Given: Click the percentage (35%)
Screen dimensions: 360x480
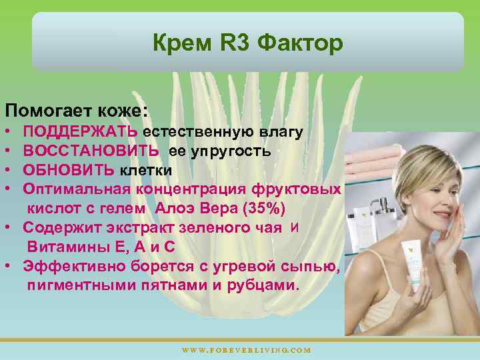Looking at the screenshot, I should (265, 209).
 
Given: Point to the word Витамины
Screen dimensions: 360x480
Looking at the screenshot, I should (61, 247).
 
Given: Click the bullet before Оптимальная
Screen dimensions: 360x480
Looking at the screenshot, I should (8, 189).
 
